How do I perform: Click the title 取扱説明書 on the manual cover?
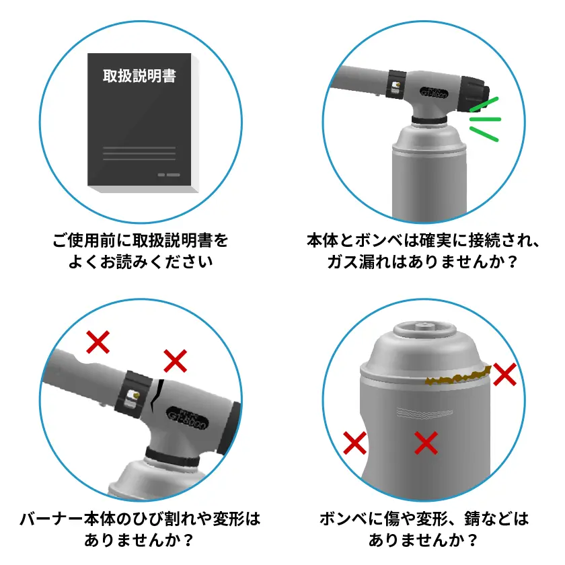(139, 75)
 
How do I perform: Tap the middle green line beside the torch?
(485, 119)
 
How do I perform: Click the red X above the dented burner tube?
(98, 342)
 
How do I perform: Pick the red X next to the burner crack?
(176, 361)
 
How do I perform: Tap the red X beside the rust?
(505, 375)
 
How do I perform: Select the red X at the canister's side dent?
(355, 443)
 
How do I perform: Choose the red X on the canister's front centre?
(426, 443)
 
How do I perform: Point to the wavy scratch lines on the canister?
(424, 413)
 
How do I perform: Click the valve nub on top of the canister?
(425, 326)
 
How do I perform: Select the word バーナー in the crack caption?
(52, 519)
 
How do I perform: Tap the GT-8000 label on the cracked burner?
(188, 418)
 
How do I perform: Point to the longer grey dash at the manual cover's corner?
(174, 175)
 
